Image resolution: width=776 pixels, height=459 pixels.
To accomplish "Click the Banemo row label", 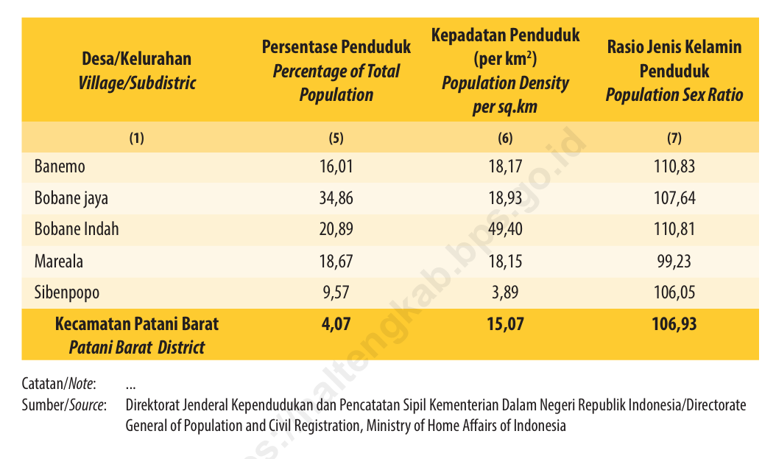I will point(60,167).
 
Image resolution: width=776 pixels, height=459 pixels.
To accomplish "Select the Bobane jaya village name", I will point(71,198).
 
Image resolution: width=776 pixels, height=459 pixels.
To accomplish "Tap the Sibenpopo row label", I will point(66,292).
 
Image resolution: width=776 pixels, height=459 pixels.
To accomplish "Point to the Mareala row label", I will point(59,261).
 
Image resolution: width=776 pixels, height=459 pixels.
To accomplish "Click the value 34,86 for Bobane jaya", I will point(336,198).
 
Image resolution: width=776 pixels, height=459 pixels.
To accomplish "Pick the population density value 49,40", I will point(505,229).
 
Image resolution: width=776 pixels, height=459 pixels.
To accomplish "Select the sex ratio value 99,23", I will point(674,261).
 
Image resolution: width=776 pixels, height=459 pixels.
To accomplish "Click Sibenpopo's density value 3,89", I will point(505,292).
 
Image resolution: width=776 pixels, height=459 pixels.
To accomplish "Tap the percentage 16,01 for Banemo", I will point(336,167).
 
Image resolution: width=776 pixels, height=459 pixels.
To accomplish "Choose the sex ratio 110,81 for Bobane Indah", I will point(674,229).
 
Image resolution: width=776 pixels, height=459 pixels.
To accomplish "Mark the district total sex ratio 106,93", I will point(674,323).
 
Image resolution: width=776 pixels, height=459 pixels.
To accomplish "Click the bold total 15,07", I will point(505,323).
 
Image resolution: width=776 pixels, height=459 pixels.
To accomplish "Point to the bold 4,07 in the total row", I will point(336,323).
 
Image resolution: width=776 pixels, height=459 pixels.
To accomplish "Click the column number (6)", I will point(505,138).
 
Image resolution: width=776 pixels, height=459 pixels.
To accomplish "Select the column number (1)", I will point(137,138).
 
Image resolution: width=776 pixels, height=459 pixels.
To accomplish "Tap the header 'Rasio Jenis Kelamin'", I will point(674,48).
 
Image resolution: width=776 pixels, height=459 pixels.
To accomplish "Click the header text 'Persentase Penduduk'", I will point(336,48).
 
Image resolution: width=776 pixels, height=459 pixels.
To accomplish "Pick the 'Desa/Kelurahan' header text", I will point(137,59).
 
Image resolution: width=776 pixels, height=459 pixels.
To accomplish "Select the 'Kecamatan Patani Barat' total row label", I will point(137,323).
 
